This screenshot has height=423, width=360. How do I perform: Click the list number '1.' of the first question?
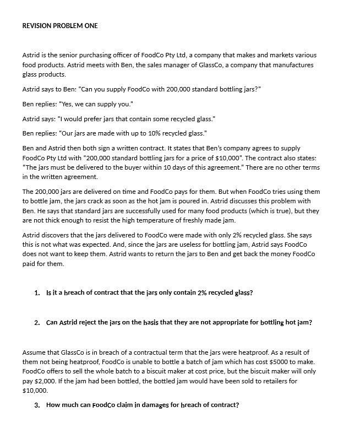37,292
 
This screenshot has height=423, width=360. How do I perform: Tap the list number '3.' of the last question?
37,405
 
